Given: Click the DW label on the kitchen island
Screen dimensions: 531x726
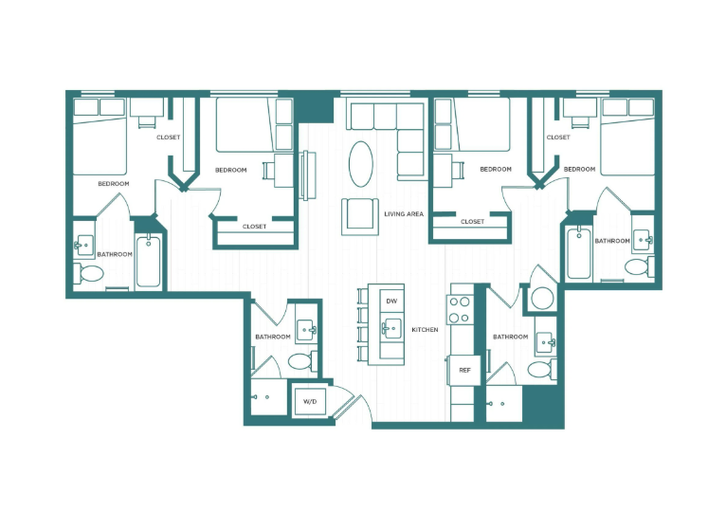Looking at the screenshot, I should [x=391, y=302].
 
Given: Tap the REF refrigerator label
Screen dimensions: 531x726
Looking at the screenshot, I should [x=464, y=370].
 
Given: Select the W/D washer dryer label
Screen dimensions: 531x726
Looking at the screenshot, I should [x=310, y=402].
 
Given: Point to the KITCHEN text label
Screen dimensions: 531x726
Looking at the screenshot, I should [x=425, y=330].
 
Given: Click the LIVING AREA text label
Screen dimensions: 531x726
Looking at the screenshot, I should [x=404, y=214].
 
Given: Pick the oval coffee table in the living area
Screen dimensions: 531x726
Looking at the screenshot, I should [x=361, y=164].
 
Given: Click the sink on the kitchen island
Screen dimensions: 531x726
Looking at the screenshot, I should [x=390, y=329].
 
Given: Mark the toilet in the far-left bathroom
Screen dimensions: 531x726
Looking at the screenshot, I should [x=92, y=274].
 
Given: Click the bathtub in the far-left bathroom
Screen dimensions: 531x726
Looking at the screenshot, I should [x=148, y=262].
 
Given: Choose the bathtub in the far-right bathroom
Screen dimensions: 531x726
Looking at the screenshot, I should [x=578, y=253].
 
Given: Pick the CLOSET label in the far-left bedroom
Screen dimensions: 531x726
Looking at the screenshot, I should [x=168, y=137].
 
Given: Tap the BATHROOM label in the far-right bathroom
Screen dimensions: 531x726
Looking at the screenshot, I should [x=611, y=241].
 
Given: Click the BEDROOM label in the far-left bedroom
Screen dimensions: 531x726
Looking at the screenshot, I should [x=114, y=183].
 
